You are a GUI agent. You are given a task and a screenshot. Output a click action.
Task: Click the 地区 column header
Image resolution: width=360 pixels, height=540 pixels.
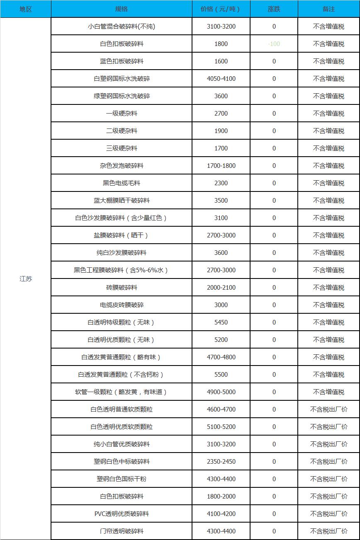(x=26, y=9)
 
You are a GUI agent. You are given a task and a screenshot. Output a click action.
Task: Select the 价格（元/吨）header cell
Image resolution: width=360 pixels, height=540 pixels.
(x=221, y=9)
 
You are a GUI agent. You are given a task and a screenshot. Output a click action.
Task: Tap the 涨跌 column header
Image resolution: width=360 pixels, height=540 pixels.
(x=274, y=9)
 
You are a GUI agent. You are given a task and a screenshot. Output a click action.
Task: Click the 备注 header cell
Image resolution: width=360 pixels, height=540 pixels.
(x=328, y=9)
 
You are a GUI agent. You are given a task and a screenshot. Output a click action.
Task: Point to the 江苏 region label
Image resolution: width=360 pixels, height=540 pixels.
(x=26, y=278)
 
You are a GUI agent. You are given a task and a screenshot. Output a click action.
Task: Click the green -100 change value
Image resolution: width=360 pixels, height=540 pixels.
(x=274, y=44)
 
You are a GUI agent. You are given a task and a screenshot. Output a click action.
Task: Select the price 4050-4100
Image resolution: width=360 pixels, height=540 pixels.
(x=221, y=79)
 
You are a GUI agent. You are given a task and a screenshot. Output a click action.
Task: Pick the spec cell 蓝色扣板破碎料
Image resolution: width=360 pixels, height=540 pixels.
(x=122, y=61)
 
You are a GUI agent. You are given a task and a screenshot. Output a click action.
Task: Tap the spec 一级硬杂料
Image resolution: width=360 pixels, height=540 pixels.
(x=122, y=114)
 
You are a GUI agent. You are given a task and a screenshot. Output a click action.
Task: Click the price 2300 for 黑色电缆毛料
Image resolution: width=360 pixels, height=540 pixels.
(x=221, y=183)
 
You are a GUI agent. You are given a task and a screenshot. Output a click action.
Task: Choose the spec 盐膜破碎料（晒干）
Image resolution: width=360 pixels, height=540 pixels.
(x=122, y=235)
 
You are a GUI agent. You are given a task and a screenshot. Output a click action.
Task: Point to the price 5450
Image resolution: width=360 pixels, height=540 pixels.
(x=221, y=322)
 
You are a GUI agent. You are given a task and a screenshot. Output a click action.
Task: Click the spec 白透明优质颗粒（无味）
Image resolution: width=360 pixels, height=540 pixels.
(x=122, y=340)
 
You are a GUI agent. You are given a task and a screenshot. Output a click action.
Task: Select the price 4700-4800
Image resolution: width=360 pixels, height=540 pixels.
(x=221, y=357)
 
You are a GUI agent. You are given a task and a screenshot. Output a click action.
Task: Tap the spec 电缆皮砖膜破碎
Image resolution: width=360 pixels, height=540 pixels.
(x=122, y=305)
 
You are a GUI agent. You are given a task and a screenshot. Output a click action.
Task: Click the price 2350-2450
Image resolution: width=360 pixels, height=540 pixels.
(x=221, y=462)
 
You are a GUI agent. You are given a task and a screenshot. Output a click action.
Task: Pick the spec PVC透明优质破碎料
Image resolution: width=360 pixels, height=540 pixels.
(x=122, y=514)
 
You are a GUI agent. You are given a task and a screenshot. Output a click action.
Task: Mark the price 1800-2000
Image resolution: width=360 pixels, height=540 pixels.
(x=221, y=496)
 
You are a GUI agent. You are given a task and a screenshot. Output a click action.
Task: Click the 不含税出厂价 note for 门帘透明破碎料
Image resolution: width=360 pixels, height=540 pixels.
(x=328, y=531)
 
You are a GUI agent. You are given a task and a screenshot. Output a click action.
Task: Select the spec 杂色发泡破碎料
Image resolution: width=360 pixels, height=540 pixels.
(x=122, y=166)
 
